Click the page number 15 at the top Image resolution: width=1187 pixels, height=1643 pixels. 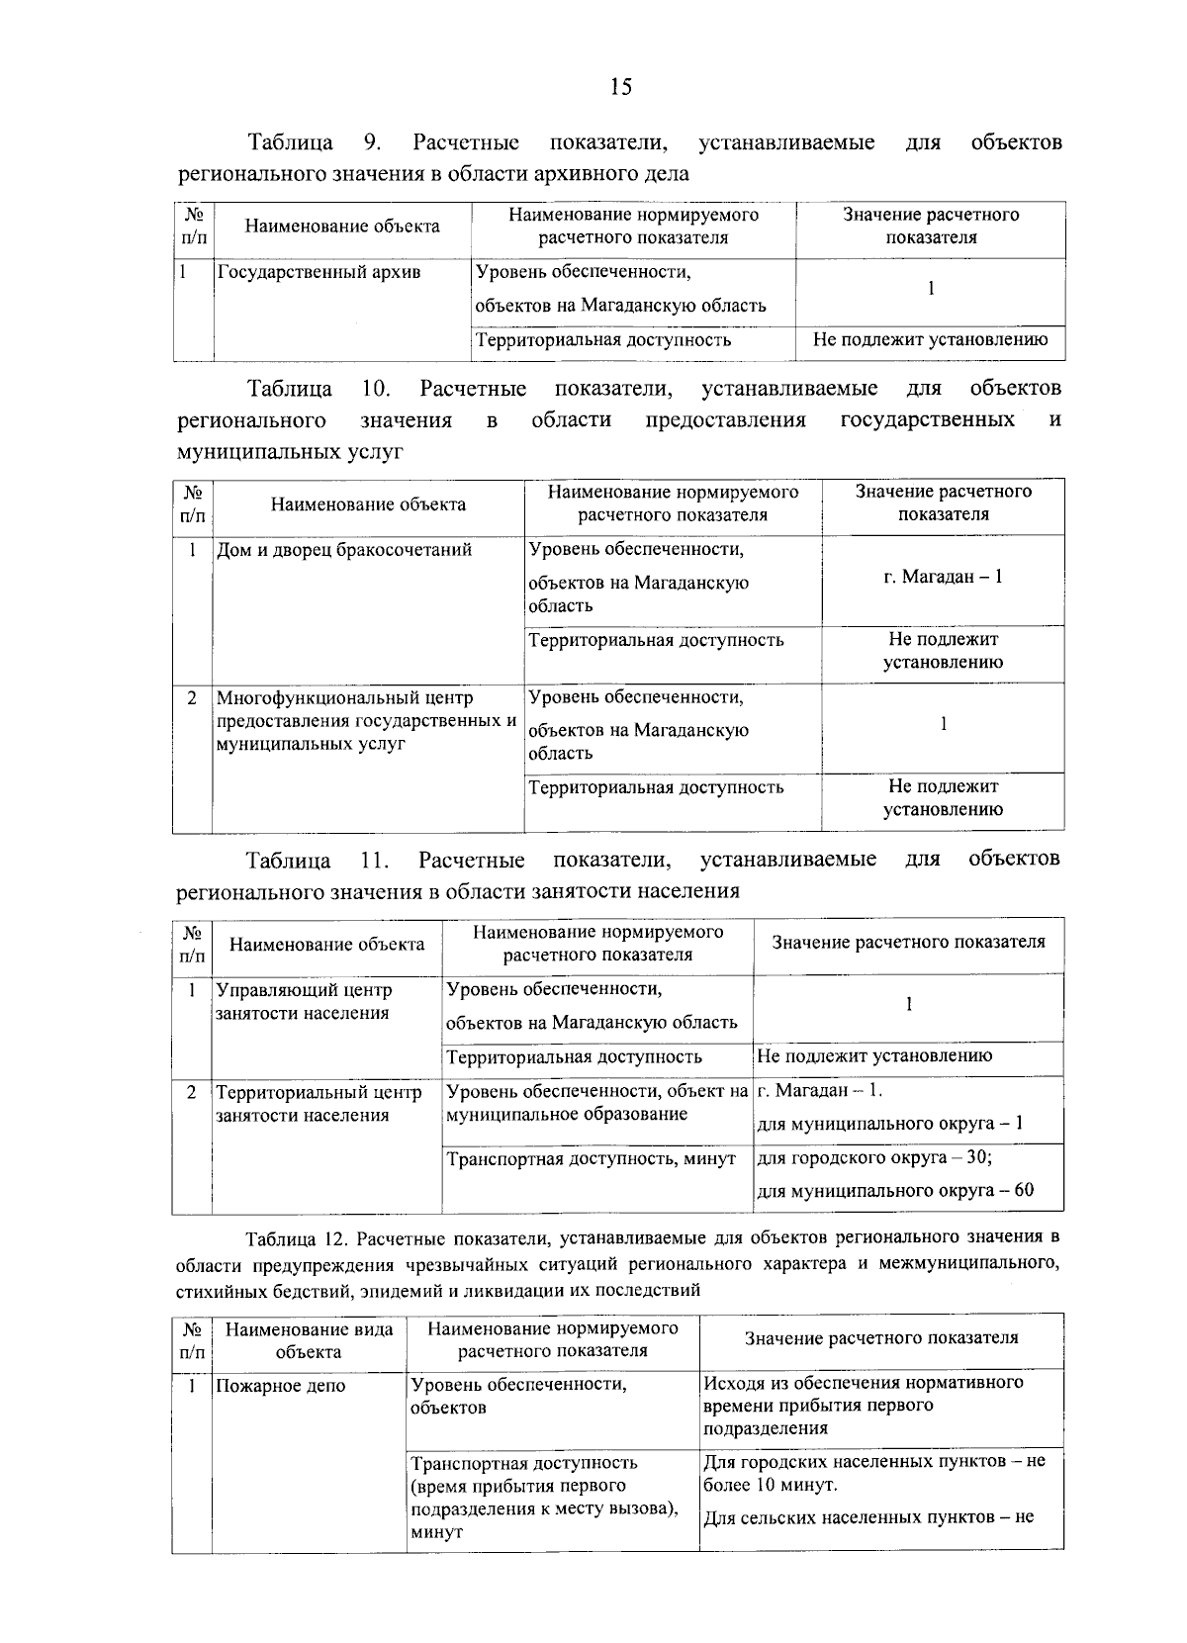tap(620, 87)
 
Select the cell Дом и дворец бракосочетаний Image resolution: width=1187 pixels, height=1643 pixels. tap(344, 550)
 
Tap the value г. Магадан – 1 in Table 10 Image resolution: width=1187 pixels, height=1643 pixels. tap(943, 576)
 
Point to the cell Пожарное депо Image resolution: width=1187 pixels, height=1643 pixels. tap(281, 1386)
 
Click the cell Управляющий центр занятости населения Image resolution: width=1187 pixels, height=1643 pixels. tap(304, 1001)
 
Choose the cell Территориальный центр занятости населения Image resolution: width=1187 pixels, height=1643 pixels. tap(319, 1104)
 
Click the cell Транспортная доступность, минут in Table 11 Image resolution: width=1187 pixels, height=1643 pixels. tap(591, 1158)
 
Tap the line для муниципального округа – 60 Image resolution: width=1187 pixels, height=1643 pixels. tap(895, 1190)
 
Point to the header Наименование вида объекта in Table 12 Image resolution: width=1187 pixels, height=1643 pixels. tap(309, 1340)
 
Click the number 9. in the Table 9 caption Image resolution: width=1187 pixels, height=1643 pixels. tap(373, 142)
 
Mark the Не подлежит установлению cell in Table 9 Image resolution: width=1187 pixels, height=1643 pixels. tap(930, 340)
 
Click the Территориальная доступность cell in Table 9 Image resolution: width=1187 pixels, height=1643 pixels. tap(603, 340)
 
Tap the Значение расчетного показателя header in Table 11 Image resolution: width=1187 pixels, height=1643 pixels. tap(908, 942)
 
